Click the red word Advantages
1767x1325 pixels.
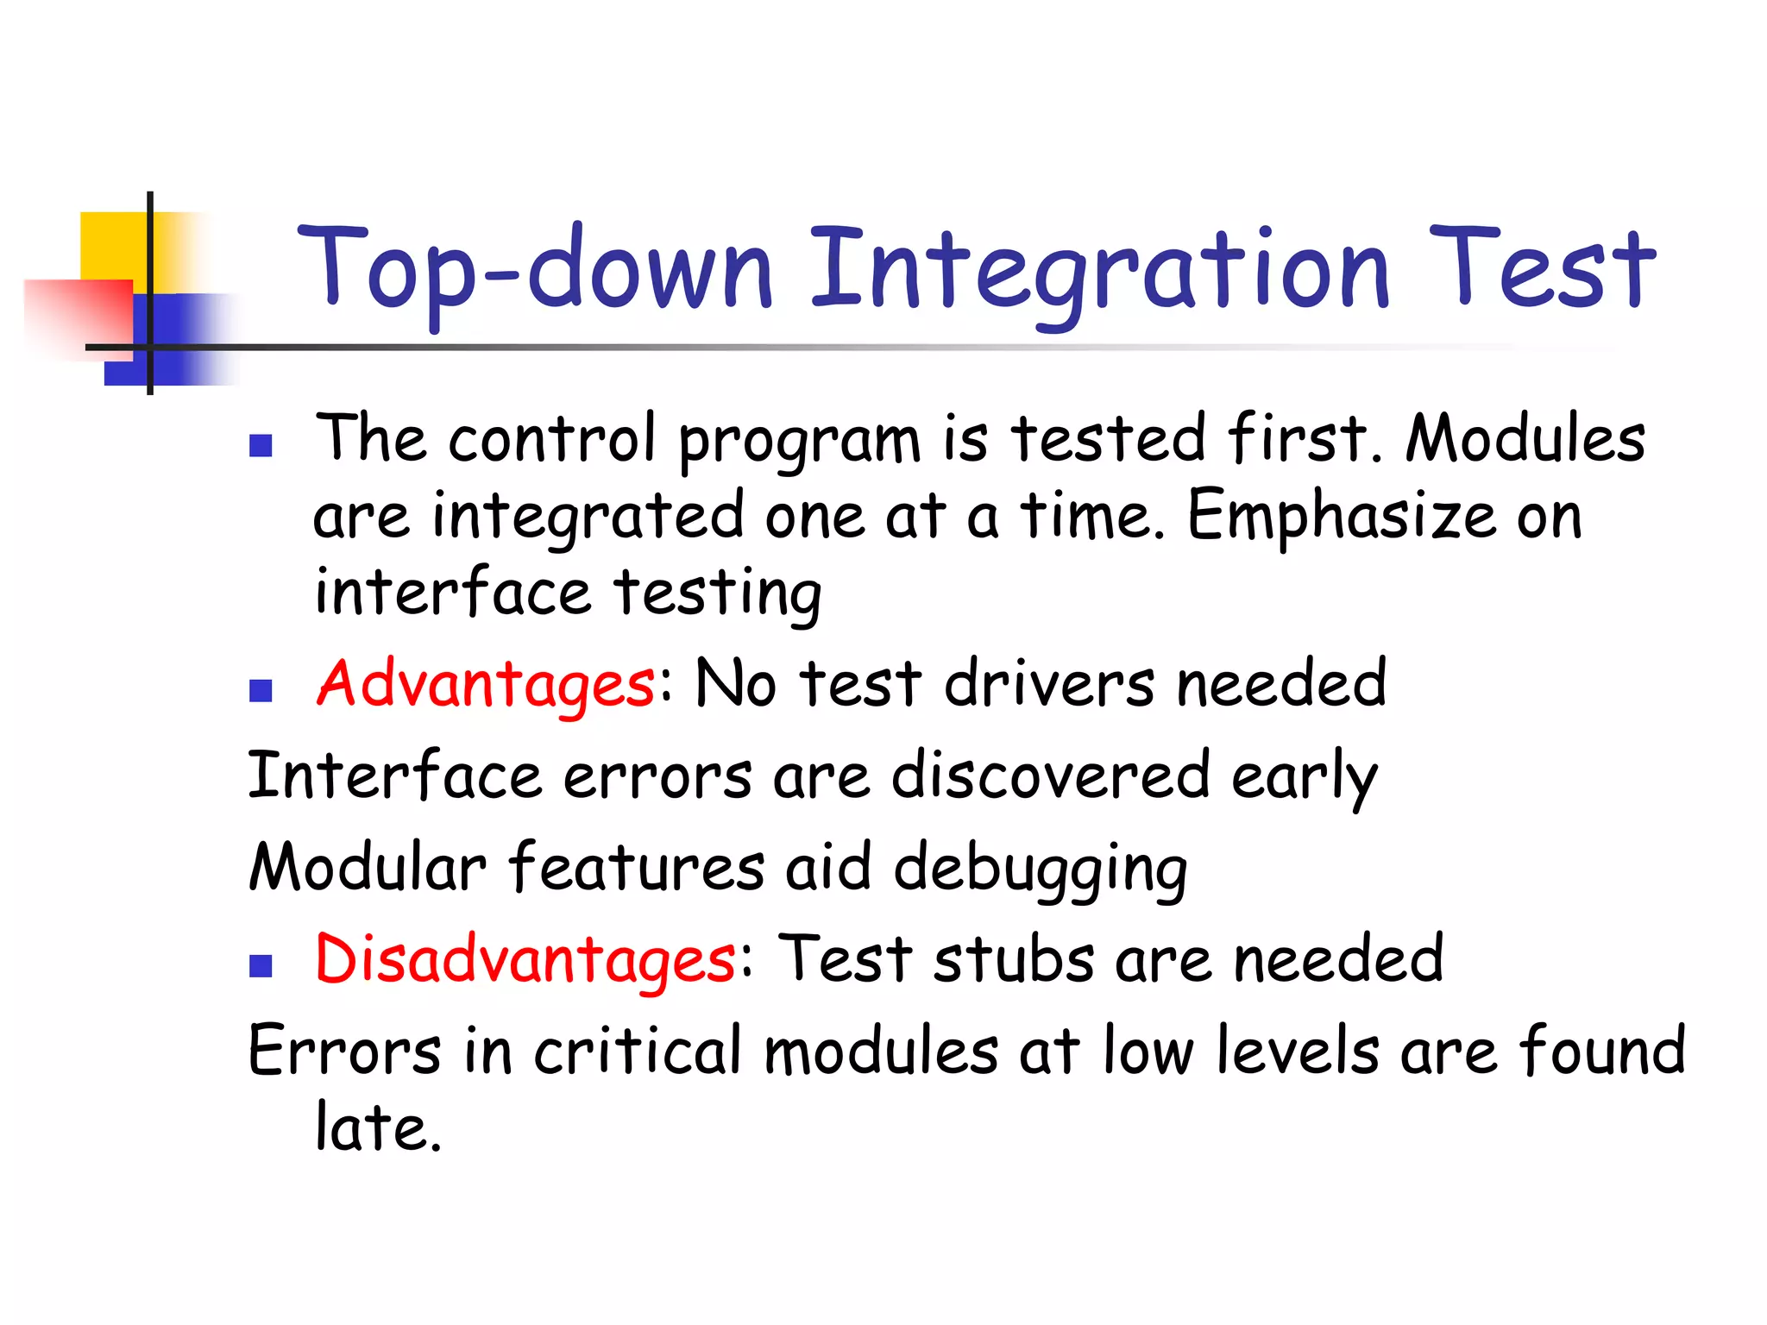[x=486, y=684]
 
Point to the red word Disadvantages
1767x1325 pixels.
[x=525, y=959]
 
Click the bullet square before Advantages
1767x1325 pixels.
[x=261, y=690]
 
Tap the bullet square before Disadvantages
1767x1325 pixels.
[x=261, y=965]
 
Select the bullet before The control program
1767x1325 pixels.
[x=261, y=445]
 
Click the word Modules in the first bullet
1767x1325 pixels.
[x=1525, y=439]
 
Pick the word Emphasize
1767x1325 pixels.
[x=1342, y=516]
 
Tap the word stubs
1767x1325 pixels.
[x=1014, y=959]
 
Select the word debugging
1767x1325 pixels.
[x=1040, y=870]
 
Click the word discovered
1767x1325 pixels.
[x=1050, y=775]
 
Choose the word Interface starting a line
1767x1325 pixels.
[x=394, y=775]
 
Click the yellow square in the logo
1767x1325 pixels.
[x=112, y=246]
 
